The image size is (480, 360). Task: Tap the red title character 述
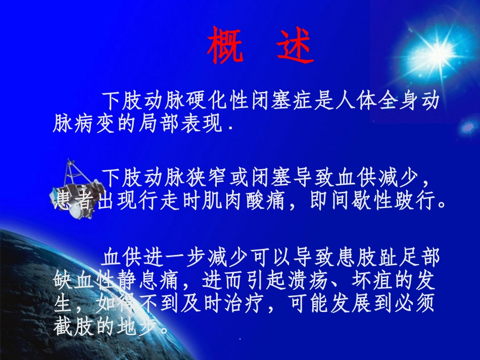296,46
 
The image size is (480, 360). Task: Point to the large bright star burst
434,50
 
